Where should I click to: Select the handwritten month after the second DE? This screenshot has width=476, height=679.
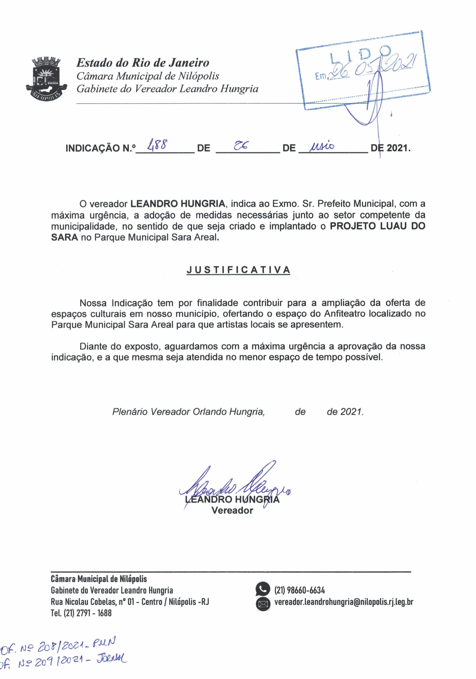pos(322,146)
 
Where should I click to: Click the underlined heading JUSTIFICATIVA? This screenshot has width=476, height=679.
pos(238,270)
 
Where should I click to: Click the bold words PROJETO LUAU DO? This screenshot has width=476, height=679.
pos(378,226)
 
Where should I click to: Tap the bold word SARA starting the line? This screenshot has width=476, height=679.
pos(64,237)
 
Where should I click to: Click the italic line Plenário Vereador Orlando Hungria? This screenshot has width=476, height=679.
pos(188,412)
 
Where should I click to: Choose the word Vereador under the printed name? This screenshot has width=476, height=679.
pos(232,510)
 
